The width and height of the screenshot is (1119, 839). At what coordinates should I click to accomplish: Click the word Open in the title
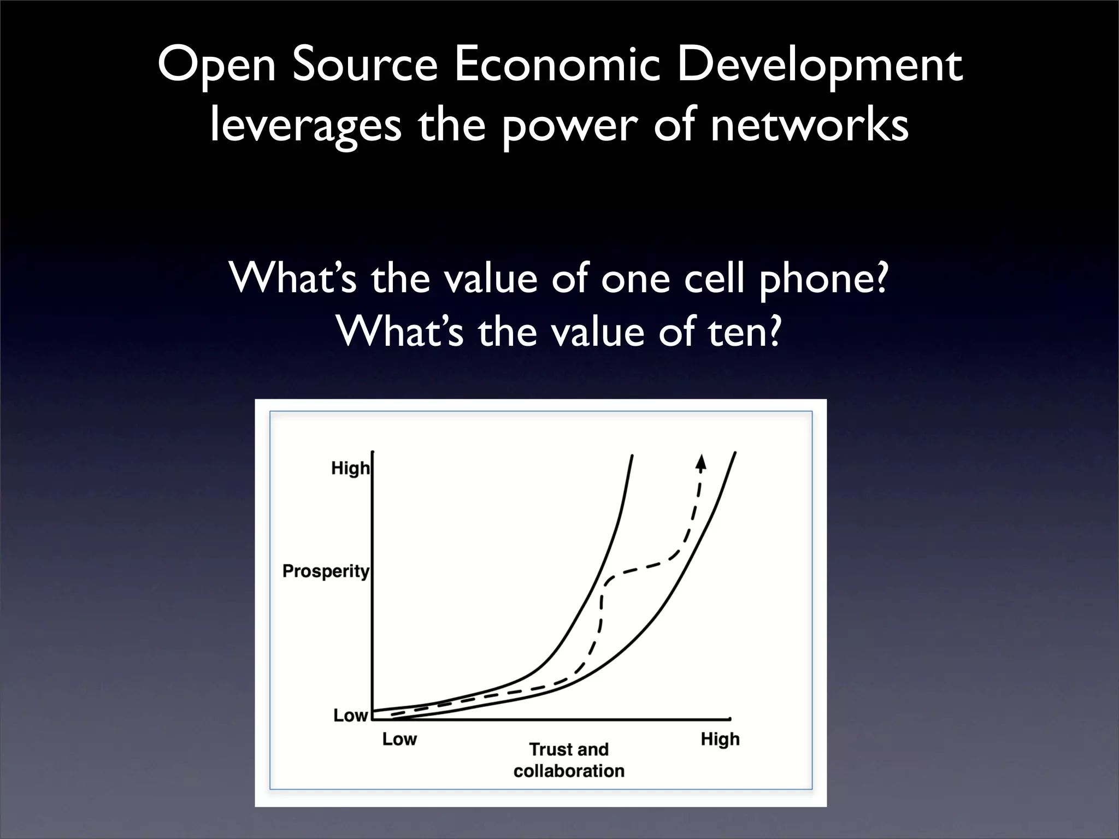coord(216,67)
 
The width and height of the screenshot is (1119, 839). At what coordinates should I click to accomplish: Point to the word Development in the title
coord(820,67)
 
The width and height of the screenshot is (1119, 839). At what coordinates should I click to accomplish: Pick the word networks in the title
coord(809,125)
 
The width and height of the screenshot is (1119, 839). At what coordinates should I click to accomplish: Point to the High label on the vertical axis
coord(350,468)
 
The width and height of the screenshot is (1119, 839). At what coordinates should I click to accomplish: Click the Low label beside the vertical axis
coord(350,715)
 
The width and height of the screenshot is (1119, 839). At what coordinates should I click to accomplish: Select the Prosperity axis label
coord(326,571)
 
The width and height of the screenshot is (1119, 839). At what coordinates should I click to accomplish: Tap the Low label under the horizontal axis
coord(399,739)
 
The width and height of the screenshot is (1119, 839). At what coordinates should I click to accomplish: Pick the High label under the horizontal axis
coord(720,739)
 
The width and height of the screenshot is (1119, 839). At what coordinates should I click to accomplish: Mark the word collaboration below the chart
coord(569,771)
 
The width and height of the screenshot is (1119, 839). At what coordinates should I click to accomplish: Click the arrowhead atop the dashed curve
coord(701,463)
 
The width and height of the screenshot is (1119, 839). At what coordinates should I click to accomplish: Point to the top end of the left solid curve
coord(632,455)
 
